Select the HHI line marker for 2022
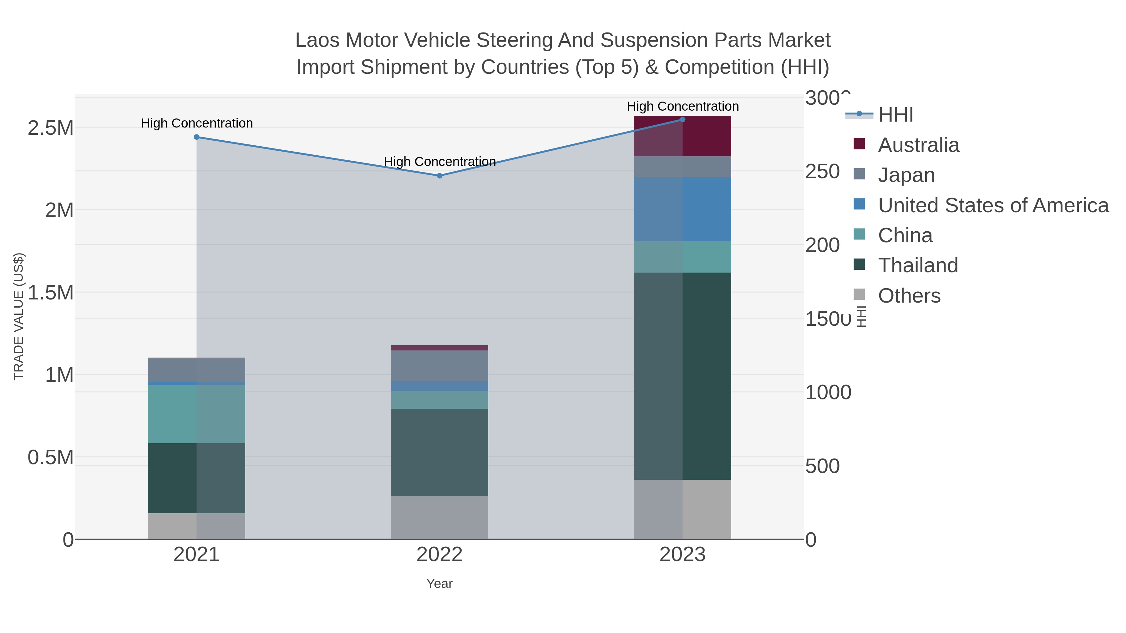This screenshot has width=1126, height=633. [x=439, y=176]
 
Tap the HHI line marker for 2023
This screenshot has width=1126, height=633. [x=682, y=120]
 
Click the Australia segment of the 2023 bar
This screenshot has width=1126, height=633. [x=682, y=136]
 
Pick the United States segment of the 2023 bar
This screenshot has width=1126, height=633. [x=682, y=209]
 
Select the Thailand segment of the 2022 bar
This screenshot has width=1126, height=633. [x=439, y=452]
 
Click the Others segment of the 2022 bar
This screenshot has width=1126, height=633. [x=439, y=517]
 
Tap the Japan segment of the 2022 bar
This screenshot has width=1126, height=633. [x=439, y=366]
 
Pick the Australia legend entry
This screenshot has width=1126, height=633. [x=918, y=145]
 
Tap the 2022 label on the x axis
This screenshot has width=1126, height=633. [x=439, y=555]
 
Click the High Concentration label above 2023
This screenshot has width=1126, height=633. [x=682, y=106]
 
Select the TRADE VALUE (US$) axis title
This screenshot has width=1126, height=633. [x=18, y=316]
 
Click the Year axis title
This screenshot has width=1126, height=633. [x=439, y=584]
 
